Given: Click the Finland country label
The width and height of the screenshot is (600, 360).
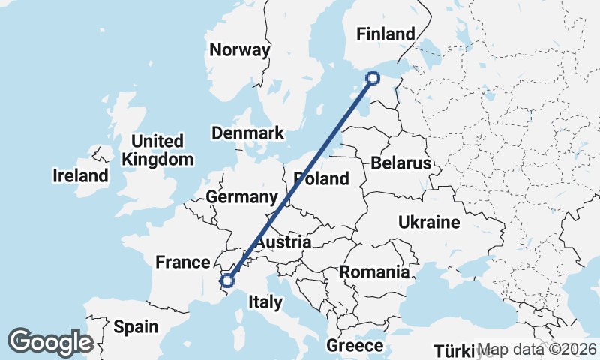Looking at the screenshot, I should click(385, 34).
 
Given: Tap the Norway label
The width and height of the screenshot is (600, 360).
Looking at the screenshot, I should click(239, 51).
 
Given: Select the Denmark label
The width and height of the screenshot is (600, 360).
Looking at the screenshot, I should click(247, 133).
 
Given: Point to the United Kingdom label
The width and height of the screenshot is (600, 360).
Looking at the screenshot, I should click(157, 150).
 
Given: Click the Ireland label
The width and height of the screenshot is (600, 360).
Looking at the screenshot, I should click(80, 176).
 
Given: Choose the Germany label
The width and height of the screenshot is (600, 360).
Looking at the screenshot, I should click(241, 197).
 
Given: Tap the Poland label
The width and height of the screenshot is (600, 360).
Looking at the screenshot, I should click(322, 179).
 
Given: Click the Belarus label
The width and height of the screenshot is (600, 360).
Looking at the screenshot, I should click(400, 163).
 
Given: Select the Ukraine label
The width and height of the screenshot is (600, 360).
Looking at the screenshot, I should click(428, 223).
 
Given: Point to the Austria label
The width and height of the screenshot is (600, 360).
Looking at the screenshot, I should click(283, 242).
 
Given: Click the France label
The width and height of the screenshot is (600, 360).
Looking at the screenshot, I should click(181, 262).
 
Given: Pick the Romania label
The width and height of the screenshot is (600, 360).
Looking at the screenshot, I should click(375, 271).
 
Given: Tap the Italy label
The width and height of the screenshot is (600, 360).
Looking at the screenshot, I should click(265, 302).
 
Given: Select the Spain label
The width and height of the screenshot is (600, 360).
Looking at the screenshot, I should click(136, 326).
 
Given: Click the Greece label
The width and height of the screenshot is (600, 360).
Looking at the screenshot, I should click(355, 346).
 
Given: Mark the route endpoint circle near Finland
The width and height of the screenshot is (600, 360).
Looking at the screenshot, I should click(372, 77).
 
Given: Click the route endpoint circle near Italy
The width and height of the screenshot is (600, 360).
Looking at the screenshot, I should click(227, 281).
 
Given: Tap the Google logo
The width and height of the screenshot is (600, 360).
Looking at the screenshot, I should click(50, 342).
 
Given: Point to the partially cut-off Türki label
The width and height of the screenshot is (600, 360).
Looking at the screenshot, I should click(454, 351).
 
